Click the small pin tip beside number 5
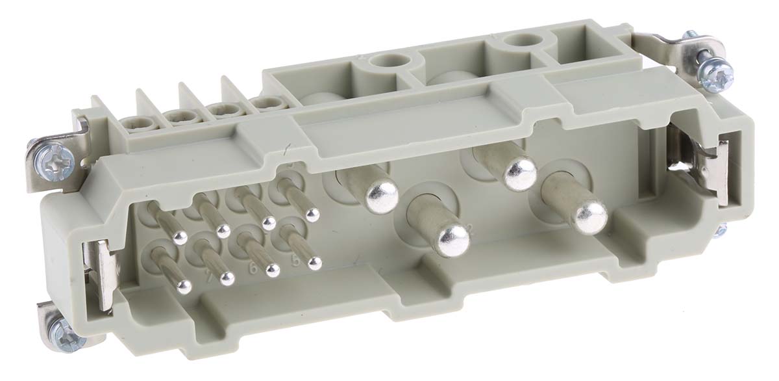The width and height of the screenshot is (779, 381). coord(315,263)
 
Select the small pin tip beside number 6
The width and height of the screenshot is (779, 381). coord(272,270)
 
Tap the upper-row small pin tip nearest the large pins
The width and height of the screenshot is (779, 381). coord(313,214)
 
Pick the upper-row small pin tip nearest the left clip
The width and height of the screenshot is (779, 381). coord(180,237)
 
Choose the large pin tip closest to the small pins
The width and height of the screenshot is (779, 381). coord(382,197)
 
